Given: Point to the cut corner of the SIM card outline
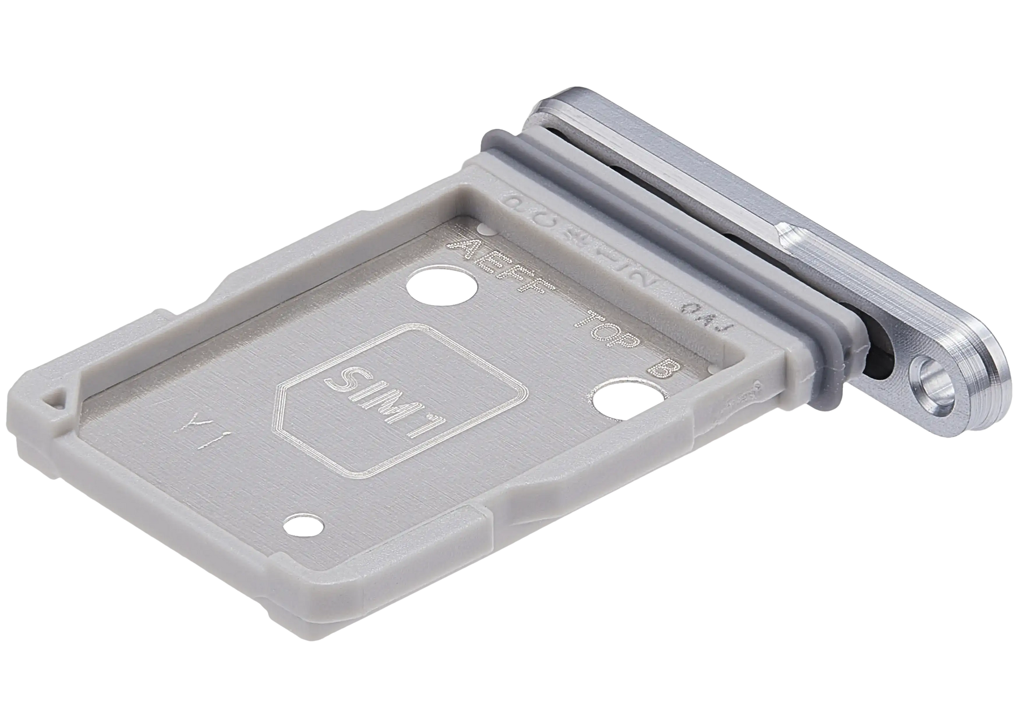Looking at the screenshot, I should point(283,388).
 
